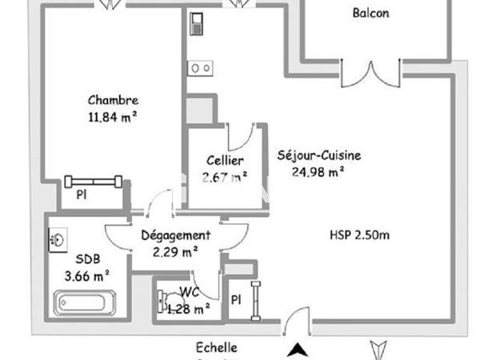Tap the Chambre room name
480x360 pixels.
pyautogui.click(x=113, y=101)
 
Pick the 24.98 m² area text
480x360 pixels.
pyautogui.click(x=318, y=170)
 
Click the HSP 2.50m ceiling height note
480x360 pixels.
pyautogui.click(x=359, y=235)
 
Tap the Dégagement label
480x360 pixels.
pyautogui.click(x=175, y=235)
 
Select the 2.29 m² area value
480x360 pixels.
pyautogui.click(x=176, y=250)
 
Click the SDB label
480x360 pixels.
pyautogui.click(x=88, y=260)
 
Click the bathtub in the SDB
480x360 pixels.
pyautogui.click(x=86, y=303)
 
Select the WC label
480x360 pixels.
pyautogui.click(x=190, y=292)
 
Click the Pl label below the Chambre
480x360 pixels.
pyautogui.click(x=81, y=194)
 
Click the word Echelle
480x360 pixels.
pyautogui.click(x=216, y=348)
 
